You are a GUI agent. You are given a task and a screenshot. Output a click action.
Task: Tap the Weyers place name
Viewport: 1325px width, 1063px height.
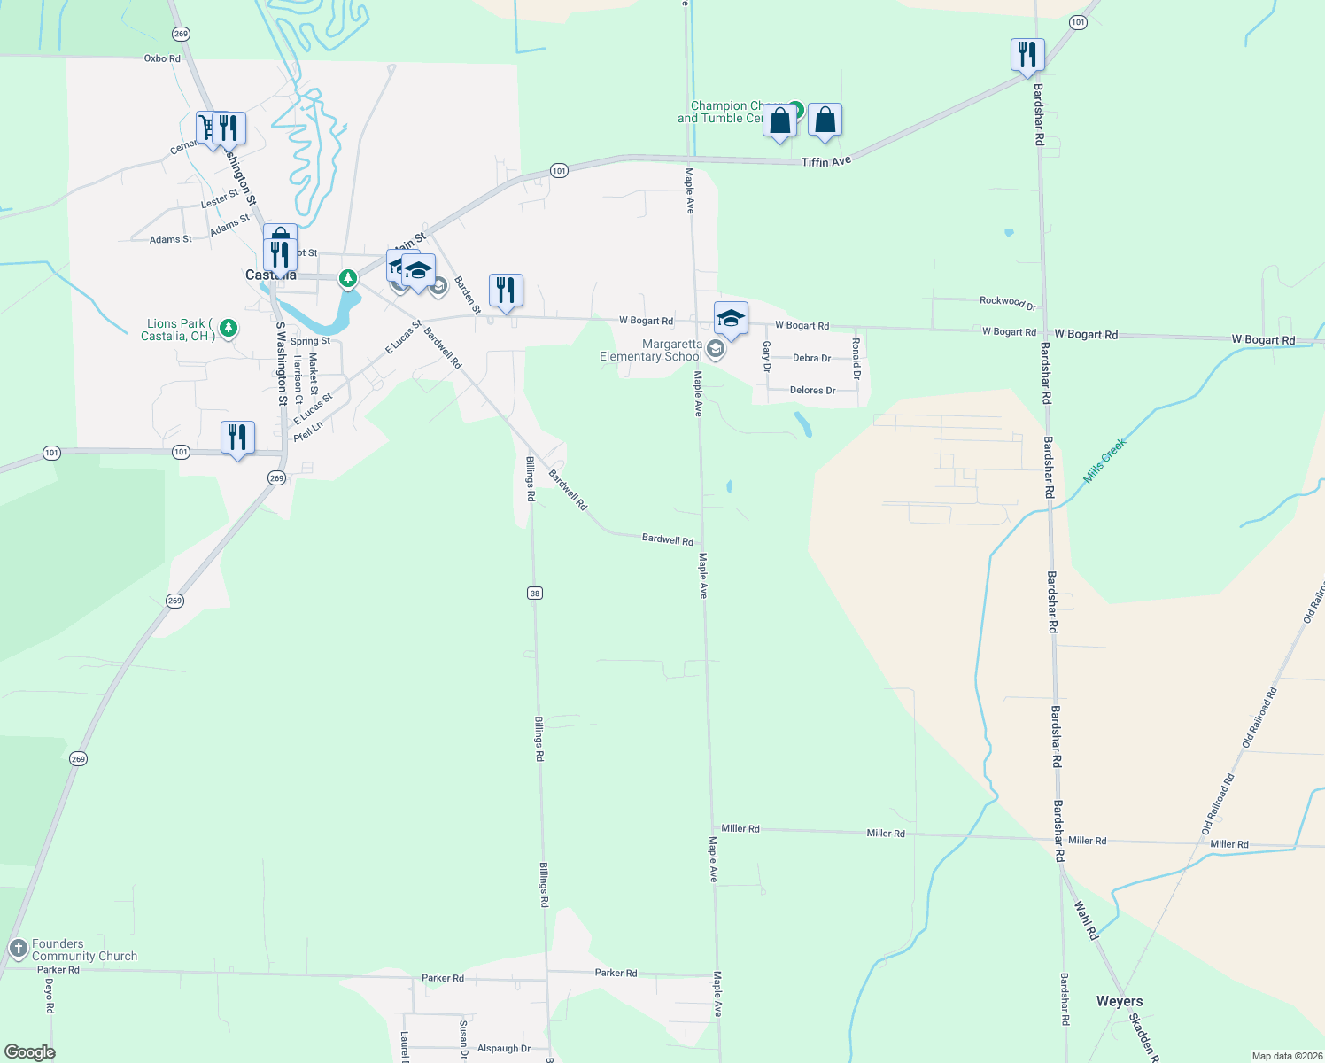[x=1120, y=1002]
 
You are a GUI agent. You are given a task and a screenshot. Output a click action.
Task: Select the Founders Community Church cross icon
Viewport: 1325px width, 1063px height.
[x=18, y=950]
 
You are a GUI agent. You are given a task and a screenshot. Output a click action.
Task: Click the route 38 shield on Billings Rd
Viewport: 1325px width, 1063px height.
[x=534, y=594]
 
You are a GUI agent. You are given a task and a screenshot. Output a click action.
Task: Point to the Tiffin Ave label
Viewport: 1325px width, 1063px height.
[x=826, y=162]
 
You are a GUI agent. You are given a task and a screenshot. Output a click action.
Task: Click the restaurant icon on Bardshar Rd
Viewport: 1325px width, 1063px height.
[x=1027, y=55]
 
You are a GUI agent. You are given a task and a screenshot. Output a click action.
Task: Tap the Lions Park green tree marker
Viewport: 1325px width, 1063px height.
[x=229, y=329]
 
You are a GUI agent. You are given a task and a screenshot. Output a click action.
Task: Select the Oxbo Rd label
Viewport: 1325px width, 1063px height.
[x=162, y=58]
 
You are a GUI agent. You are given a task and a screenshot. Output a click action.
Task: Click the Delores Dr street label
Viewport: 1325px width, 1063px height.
[x=812, y=391]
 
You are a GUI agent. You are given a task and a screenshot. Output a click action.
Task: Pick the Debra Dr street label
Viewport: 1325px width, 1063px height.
[x=811, y=359]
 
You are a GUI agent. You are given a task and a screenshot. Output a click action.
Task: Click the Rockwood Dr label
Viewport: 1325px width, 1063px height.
[x=1008, y=302]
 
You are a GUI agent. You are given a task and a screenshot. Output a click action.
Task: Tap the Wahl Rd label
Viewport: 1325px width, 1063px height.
[x=1086, y=920]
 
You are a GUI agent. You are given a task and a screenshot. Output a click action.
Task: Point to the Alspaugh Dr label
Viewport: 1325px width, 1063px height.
[x=503, y=1049]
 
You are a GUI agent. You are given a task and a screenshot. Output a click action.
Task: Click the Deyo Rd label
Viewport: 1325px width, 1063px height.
[x=50, y=996]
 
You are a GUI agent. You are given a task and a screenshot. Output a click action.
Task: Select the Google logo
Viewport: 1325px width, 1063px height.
[x=30, y=1051]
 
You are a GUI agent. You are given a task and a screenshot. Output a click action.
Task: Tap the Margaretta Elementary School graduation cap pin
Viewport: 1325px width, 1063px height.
[x=731, y=319]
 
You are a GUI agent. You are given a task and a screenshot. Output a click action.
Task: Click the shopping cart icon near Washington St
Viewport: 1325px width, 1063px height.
[x=209, y=128]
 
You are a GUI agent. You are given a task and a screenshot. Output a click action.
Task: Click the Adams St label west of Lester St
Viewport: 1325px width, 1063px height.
[x=170, y=240]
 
